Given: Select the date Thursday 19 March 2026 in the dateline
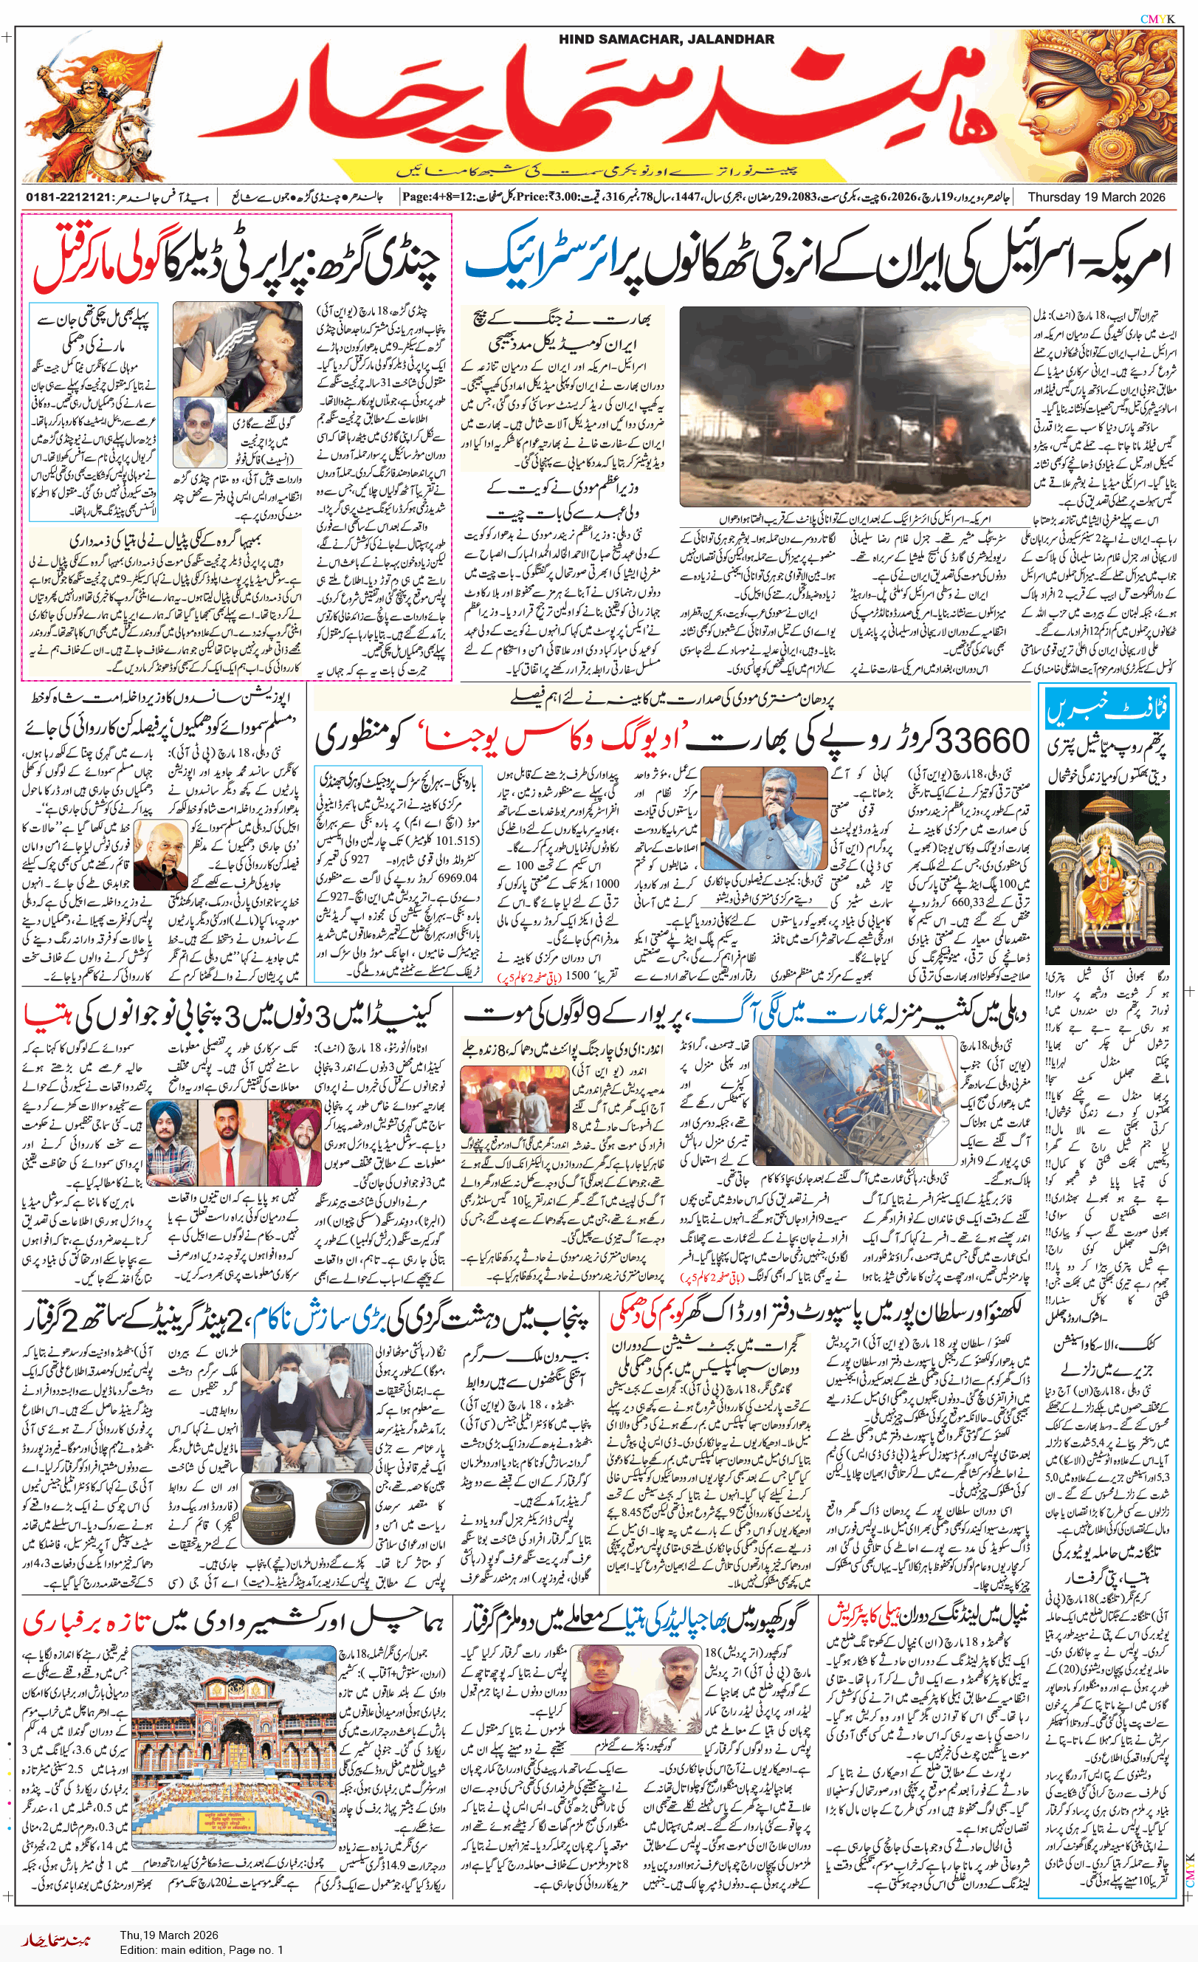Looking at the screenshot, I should click(1096, 196).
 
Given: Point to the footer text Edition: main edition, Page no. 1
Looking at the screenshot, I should click(202, 1949).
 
